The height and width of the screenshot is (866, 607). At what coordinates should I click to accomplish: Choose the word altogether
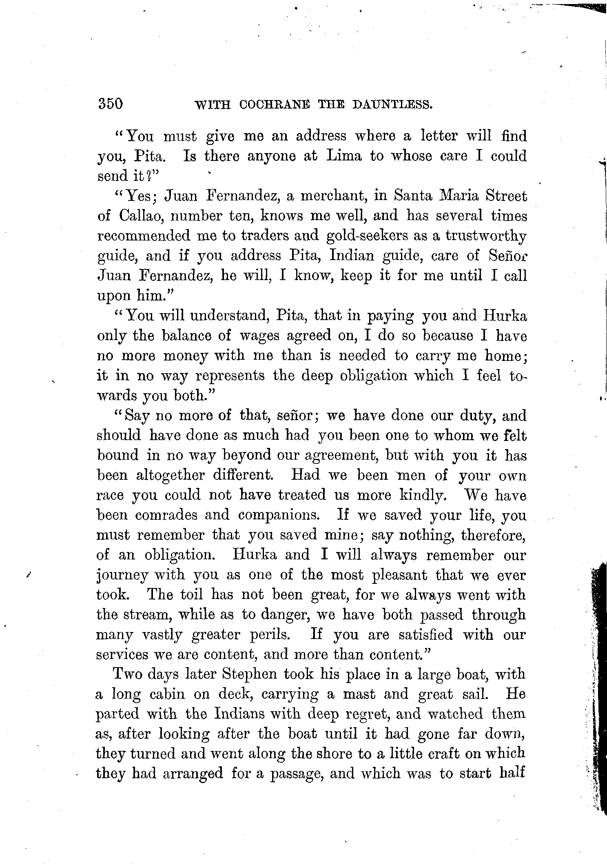pos(169,475)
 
